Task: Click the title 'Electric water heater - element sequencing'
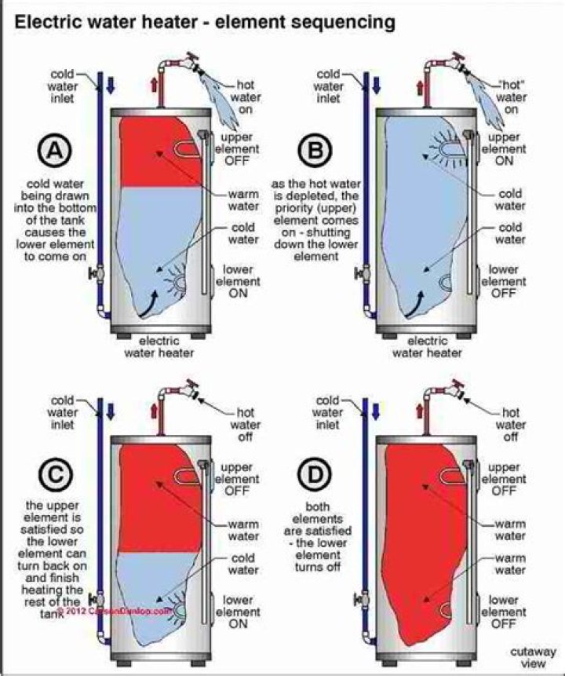pos(206,24)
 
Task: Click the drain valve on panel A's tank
pos(95,274)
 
